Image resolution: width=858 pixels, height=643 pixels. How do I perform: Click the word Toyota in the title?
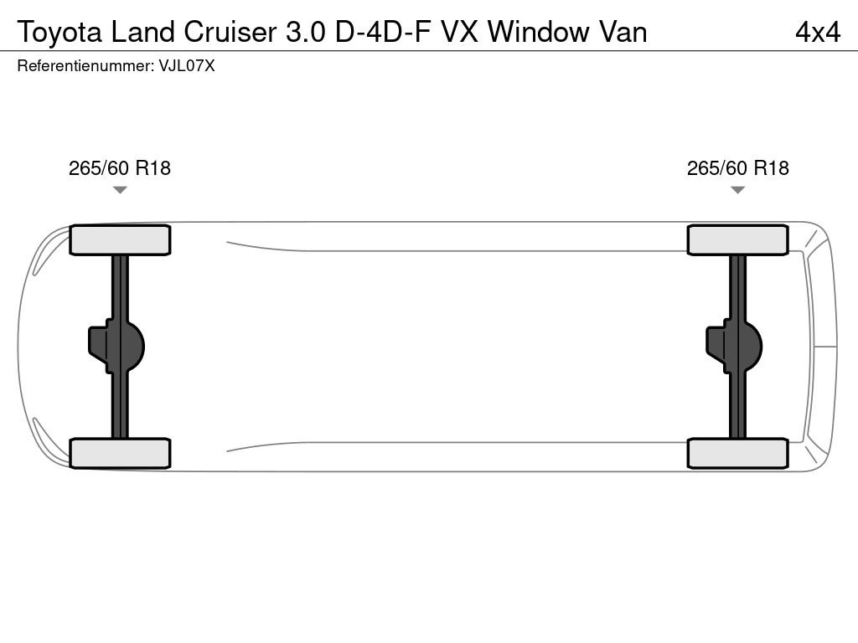(59, 33)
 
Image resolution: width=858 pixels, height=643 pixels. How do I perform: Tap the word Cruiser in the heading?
(230, 32)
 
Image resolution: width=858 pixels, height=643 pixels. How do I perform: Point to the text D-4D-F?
(382, 32)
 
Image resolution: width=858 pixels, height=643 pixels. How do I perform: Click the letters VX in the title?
(460, 32)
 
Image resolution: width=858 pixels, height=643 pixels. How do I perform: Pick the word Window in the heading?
(539, 32)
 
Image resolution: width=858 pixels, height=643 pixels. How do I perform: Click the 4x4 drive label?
(818, 32)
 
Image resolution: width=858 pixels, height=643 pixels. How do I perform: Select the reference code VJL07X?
(187, 65)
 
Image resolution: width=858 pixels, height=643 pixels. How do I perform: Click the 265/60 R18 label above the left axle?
(120, 167)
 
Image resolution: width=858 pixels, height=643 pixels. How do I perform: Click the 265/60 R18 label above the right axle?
(737, 167)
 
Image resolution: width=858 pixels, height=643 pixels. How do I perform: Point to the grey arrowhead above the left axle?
(120, 190)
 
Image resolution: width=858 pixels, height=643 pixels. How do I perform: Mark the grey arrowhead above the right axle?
(737, 190)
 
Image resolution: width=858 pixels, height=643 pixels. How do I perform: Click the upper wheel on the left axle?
(120, 239)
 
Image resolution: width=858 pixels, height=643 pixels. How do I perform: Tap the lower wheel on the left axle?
(120, 453)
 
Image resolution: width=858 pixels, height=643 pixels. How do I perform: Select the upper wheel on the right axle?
(737, 239)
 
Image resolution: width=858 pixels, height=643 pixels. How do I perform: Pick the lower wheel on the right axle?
(737, 453)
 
